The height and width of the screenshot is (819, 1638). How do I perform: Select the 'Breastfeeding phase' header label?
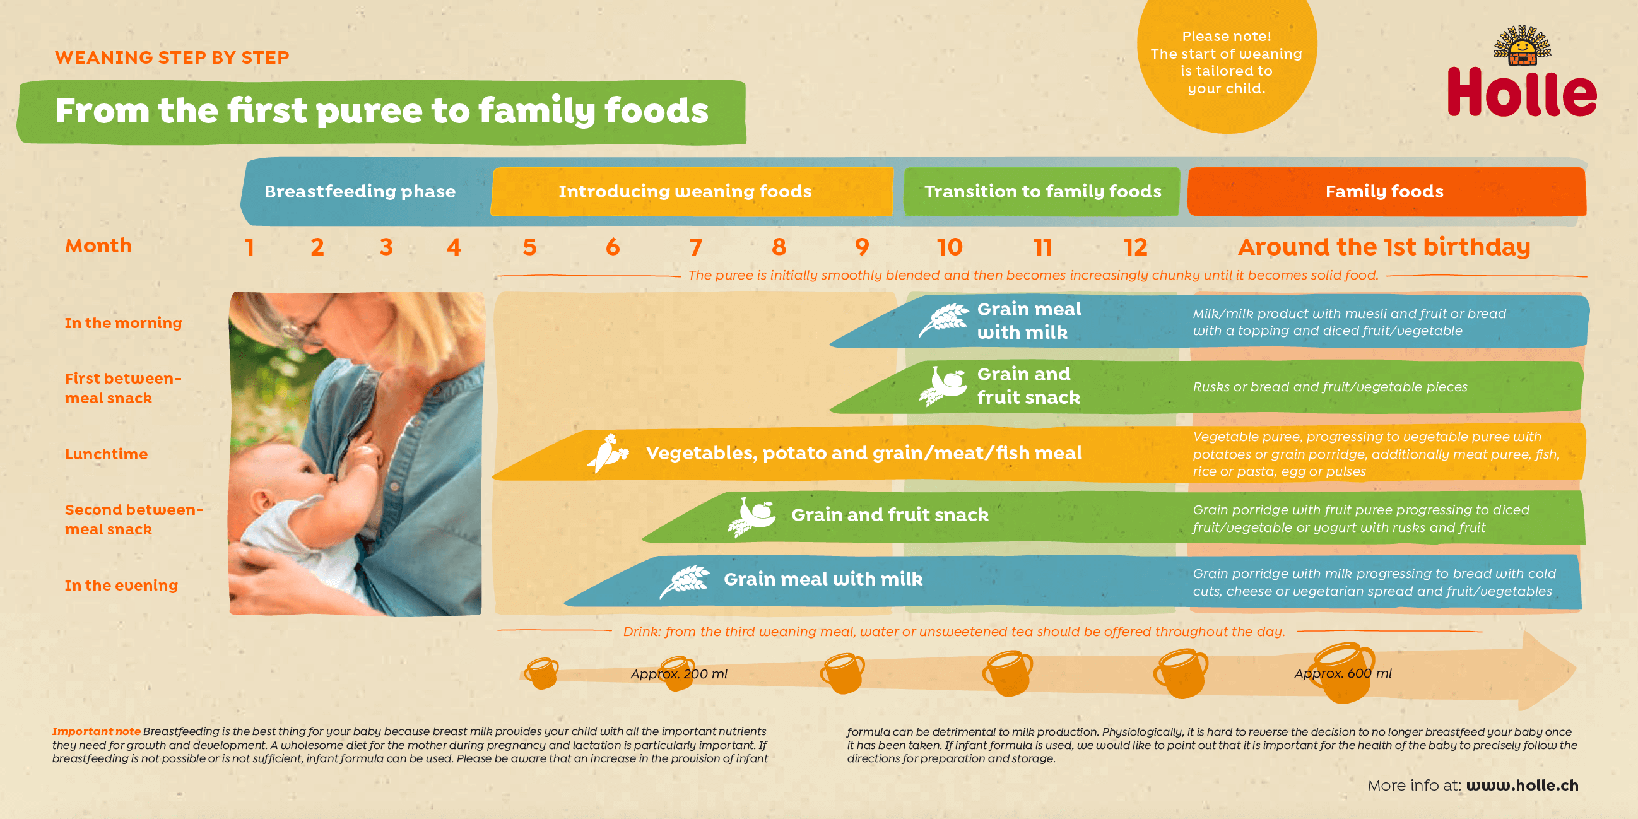pyautogui.click(x=360, y=191)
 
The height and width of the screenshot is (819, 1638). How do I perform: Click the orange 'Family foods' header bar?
pyautogui.click(x=1386, y=191)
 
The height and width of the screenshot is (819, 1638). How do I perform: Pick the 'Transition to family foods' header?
pyautogui.click(x=1042, y=191)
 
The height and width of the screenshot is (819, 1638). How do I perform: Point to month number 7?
pyautogui.click(x=697, y=247)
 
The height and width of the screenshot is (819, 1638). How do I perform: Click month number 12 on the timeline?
pyautogui.click(x=1135, y=247)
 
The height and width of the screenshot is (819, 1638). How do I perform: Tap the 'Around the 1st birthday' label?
pyautogui.click(x=1384, y=247)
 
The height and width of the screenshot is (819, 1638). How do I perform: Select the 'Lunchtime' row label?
pyautogui.click(x=106, y=454)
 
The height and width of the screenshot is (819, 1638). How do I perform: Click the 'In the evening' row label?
pyautogui.click(x=121, y=585)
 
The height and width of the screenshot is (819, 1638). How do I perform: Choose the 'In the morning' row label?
pyautogui.click(x=124, y=323)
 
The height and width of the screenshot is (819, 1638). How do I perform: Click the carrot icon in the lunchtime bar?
pyautogui.click(x=608, y=453)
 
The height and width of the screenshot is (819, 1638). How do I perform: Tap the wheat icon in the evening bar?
pyautogui.click(x=684, y=581)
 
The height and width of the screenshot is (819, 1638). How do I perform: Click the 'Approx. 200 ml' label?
pyautogui.click(x=678, y=674)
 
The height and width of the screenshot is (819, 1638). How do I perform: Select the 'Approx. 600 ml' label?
pyautogui.click(x=1343, y=673)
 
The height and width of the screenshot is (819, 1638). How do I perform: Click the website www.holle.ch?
pyautogui.click(x=1523, y=786)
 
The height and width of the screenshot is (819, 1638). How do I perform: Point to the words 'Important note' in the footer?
pyautogui.click(x=96, y=731)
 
